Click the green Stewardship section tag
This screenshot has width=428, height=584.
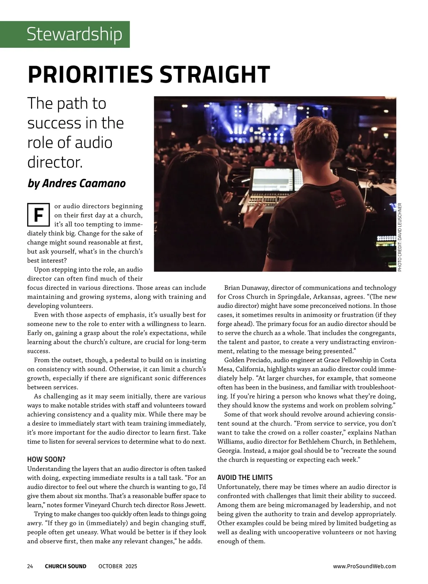point(74,34)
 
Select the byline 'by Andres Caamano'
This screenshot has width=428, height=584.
point(77,183)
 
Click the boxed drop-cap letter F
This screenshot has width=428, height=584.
point(38,215)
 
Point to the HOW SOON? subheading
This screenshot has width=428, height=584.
point(46,459)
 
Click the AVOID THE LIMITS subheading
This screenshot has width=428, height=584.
point(245,477)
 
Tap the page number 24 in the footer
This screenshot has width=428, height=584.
point(30,566)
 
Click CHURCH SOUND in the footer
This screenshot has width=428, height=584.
point(66,566)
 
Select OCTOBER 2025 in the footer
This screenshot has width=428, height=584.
point(118,566)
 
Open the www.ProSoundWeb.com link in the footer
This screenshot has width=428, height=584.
point(365,566)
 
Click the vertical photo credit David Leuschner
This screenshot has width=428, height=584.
point(399,237)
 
